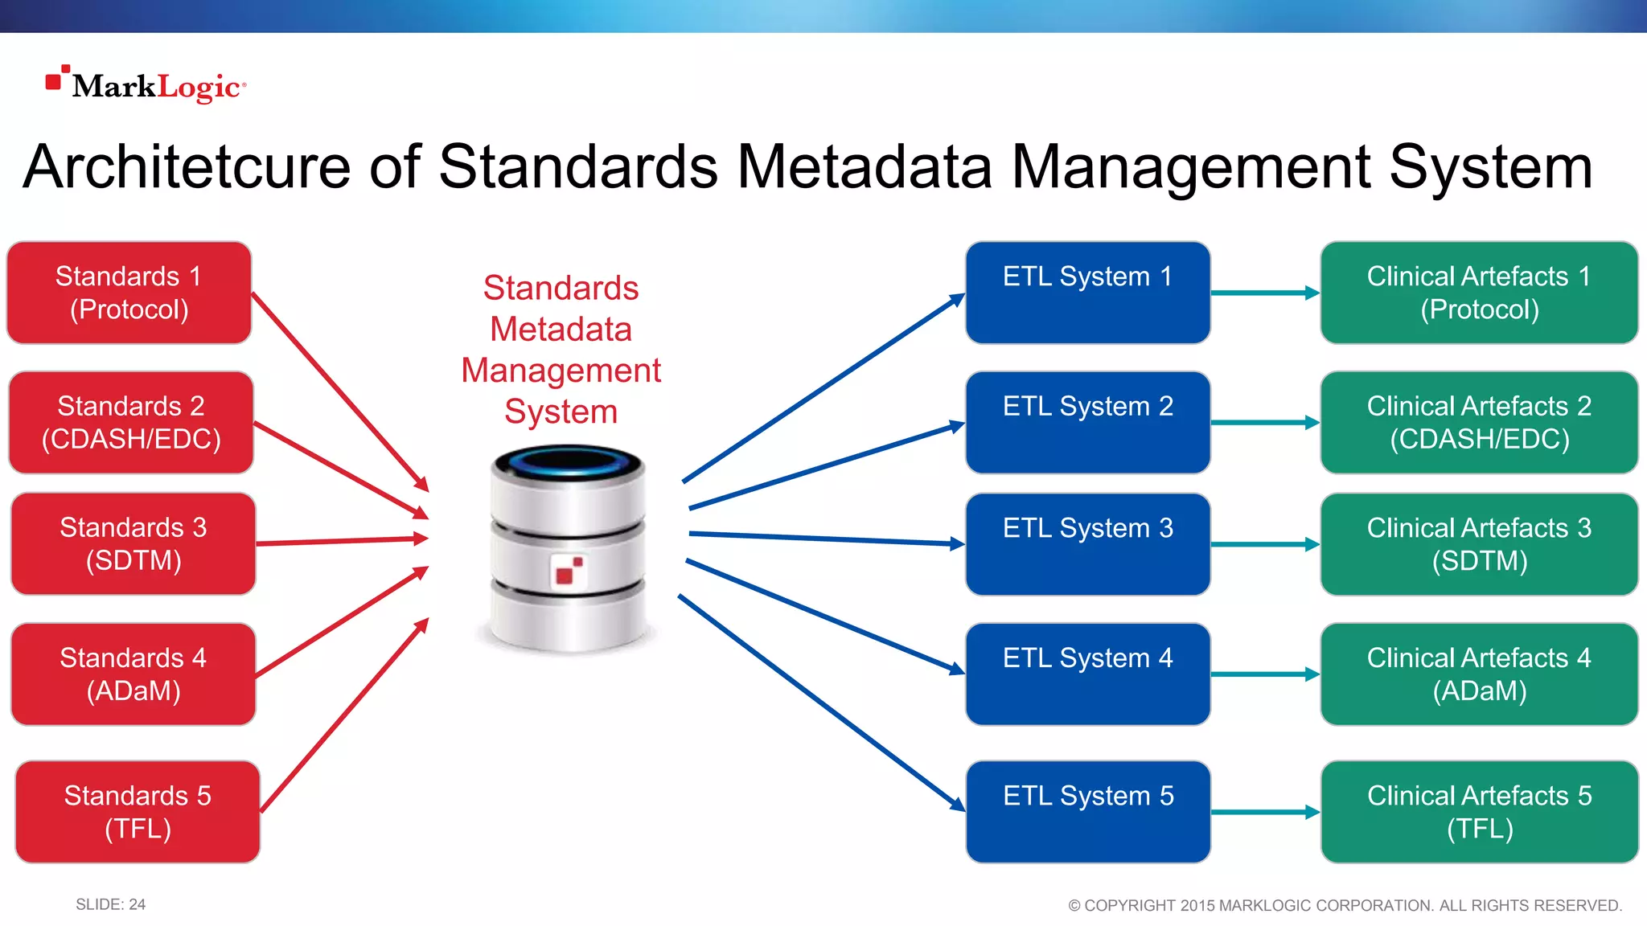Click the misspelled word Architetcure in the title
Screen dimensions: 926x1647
[x=187, y=167]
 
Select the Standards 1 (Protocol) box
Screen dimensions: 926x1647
[x=129, y=293]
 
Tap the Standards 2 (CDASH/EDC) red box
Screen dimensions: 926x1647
[x=131, y=422]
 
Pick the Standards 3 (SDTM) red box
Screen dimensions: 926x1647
[x=133, y=544]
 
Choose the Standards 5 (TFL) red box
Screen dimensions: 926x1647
[x=138, y=812]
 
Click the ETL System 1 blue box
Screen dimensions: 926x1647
[x=1087, y=293]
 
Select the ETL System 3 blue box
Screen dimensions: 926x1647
[x=1087, y=544]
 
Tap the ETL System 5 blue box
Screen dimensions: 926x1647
[x=1087, y=812]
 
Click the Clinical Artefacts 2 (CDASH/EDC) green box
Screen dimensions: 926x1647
[x=1479, y=422]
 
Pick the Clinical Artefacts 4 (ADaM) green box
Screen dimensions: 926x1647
[x=1479, y=674]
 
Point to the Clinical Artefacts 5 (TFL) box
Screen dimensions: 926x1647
[x=1479, y=812]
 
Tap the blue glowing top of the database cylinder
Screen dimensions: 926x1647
[x=569, y=462]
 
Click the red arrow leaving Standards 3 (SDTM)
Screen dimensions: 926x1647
[x=342, y=541]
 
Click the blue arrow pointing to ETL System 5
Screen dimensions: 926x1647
[x=820, y=701]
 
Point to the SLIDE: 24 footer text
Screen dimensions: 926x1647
[x=111, y=904]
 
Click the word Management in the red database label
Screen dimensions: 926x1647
[x=561, y=371]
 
